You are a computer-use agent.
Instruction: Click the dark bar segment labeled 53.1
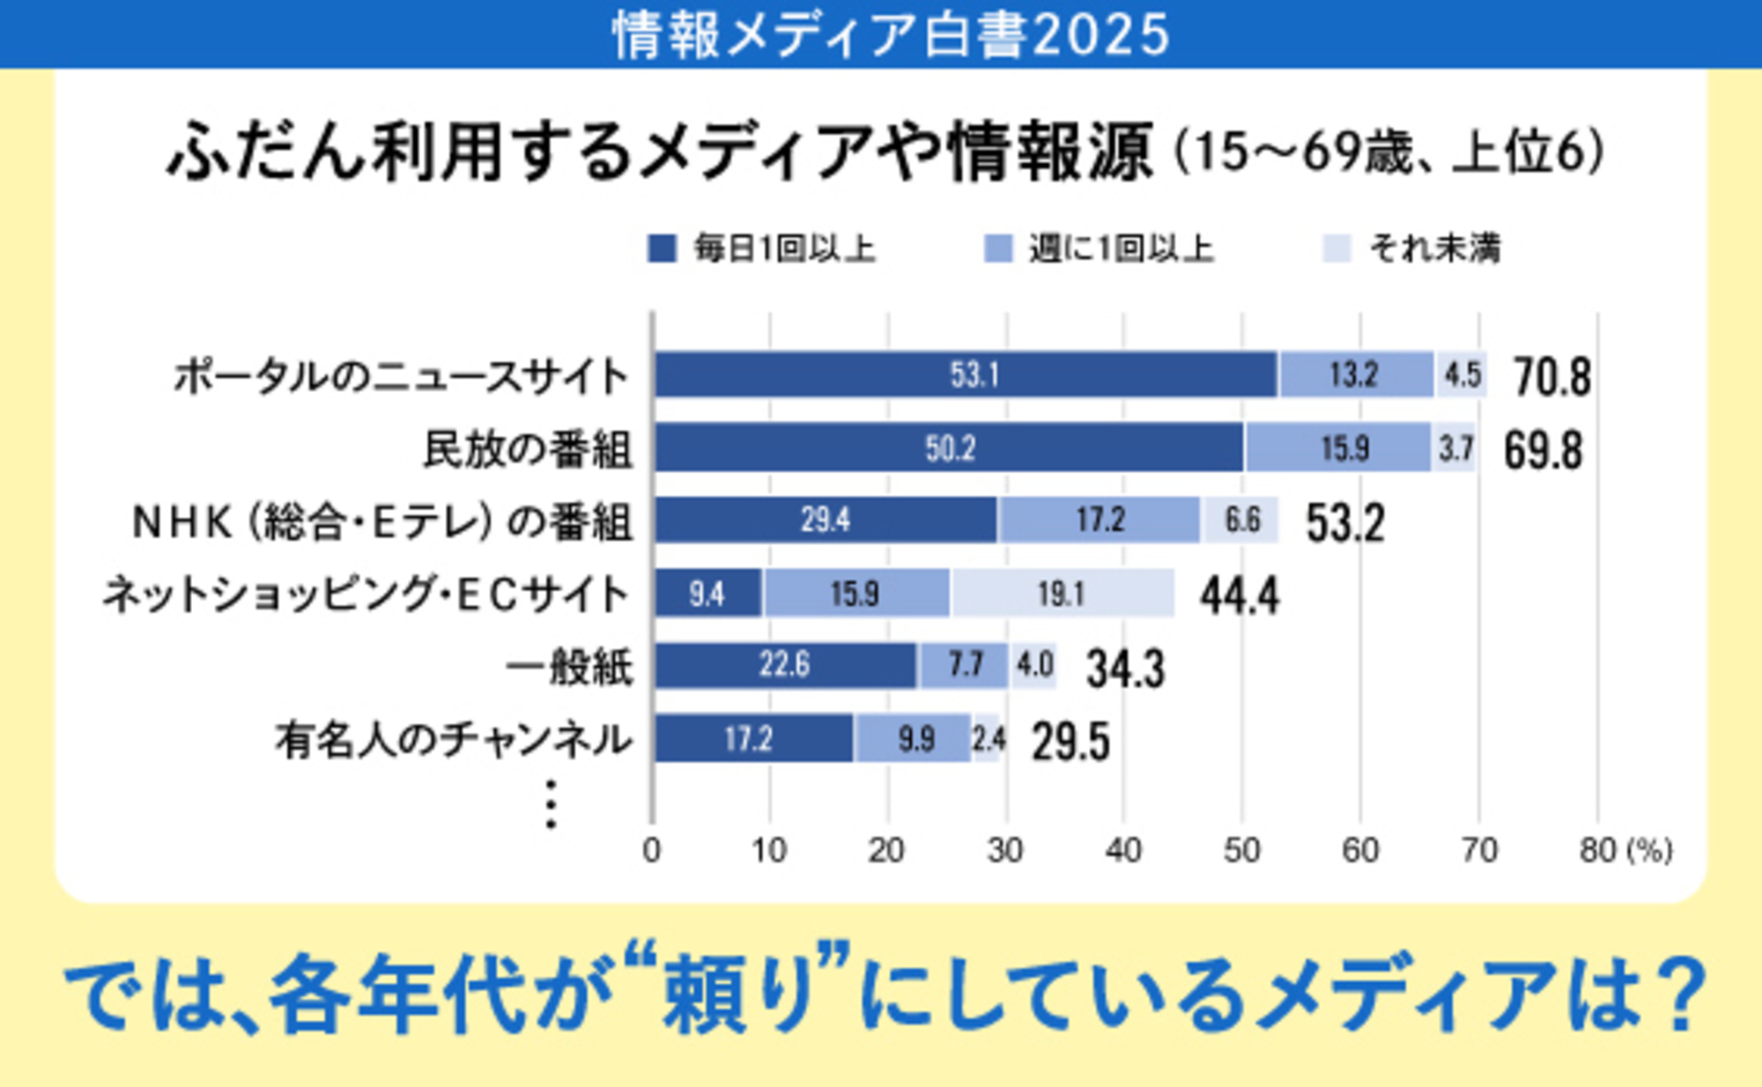click(966, 375)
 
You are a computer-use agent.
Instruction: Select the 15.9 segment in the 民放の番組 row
click(1337, 448)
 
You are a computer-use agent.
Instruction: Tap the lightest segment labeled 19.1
click(1062, 594)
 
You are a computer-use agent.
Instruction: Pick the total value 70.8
click(1552, 377)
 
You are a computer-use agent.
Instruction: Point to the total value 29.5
click(1070, 741)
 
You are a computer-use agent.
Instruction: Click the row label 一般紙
click(570, 667)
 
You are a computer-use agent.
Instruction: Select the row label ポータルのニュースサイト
click(400, 377)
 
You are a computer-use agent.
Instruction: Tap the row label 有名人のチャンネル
click(454, 740)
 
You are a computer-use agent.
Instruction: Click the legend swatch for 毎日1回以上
click(662, 248)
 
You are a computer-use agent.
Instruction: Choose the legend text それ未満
click(1434, 248)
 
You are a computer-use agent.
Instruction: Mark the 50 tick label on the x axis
click(1241, 850)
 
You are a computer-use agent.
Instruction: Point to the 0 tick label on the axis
click(651, 850)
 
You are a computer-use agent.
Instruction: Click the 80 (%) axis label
click(1625, 850)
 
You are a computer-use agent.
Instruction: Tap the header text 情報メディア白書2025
click(890, 35)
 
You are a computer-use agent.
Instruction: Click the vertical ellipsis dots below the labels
click(551, 804)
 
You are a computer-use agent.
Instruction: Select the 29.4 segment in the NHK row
click(825, 521)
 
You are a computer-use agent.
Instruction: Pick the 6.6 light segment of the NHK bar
click(1240, 521)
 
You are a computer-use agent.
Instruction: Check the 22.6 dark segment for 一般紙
click(785, 665)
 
